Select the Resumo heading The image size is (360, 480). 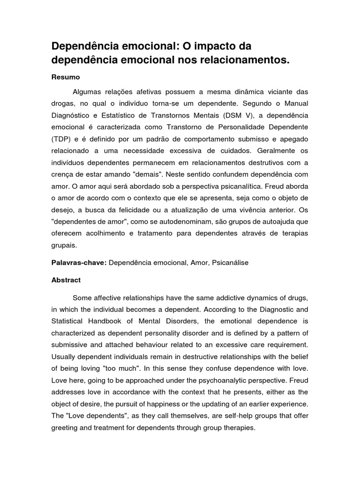tap(66, 76)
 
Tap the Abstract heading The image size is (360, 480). tap(66, 280)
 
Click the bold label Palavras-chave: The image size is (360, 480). tap(79, 263)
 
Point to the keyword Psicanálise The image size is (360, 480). tap(230, 263)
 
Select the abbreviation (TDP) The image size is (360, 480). tap(60, 139)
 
